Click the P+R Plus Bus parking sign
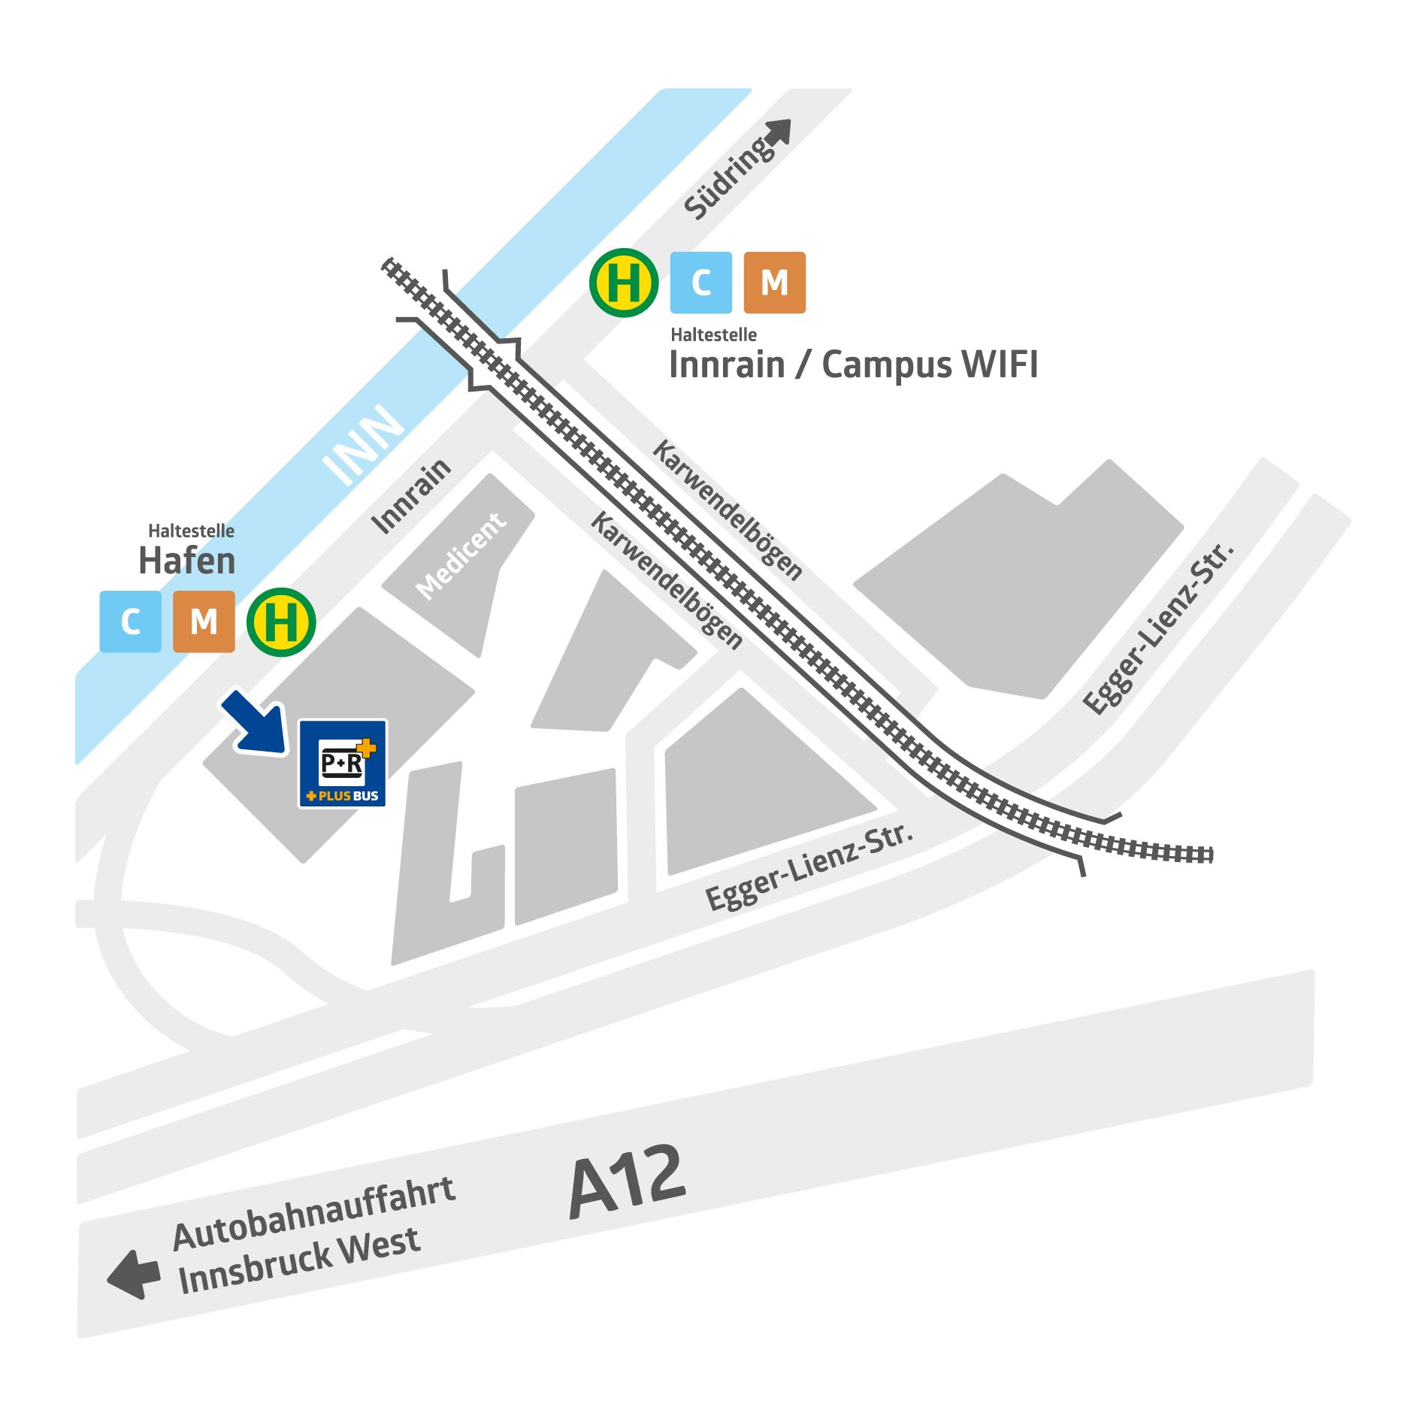tap(343, 763)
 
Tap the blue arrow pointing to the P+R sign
tap(254, 722)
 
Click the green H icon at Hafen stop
tap(281, 622)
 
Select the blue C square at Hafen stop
tap(131, 622)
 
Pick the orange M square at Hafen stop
tap(204, 622)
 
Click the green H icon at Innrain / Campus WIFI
tap(624, 283)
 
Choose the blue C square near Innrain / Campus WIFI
tap(700, 283)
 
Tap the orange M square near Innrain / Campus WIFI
tap(774, 283)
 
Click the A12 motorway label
tap(628, 1182)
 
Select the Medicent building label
tap(461, 555)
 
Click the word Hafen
tap(187, 561)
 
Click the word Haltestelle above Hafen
tap(191, 531)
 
